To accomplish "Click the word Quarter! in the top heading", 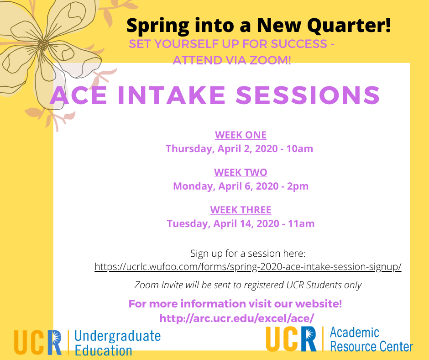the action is (349, 26).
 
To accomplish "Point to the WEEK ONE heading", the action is (241, 135).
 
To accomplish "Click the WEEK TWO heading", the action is (241, 173).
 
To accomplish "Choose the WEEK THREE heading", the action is (241, 210).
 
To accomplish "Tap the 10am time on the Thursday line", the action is (299, 149).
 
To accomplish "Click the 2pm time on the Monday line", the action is (298, 186).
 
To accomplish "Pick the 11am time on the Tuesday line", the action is (301, 223).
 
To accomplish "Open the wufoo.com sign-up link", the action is (248, 267).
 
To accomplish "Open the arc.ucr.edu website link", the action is (237, 318).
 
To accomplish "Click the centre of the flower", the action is (43, 45).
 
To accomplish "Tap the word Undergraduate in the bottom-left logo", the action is (118, 336).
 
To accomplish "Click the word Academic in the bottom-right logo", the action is (355, 333).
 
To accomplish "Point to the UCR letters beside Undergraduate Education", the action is (38, 342).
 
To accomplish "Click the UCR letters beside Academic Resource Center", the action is (291, 339).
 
